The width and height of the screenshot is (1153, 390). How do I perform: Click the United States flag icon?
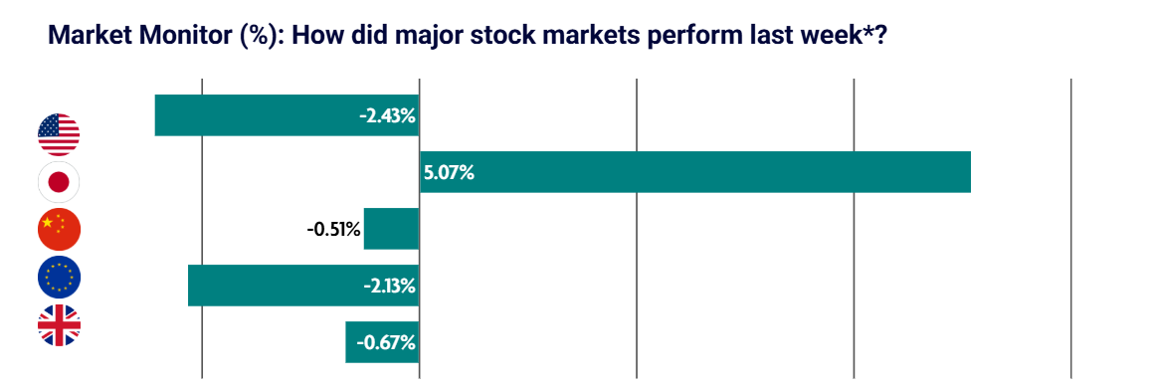point(59,134)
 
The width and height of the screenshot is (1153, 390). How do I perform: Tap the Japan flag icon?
point(59,182)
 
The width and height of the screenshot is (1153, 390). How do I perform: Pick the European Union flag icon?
point(59,278)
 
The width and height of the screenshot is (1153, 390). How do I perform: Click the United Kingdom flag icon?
point(59,325)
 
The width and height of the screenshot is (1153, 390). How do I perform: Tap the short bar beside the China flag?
point(391,229)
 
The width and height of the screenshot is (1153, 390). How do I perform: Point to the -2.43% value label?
point(387,115)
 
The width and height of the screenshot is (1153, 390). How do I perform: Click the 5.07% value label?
point(449,172)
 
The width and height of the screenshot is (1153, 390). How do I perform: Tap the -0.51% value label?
point(334,229)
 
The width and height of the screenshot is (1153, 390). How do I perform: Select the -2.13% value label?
point(387,286)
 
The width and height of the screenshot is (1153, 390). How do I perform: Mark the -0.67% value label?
point(387,342)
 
